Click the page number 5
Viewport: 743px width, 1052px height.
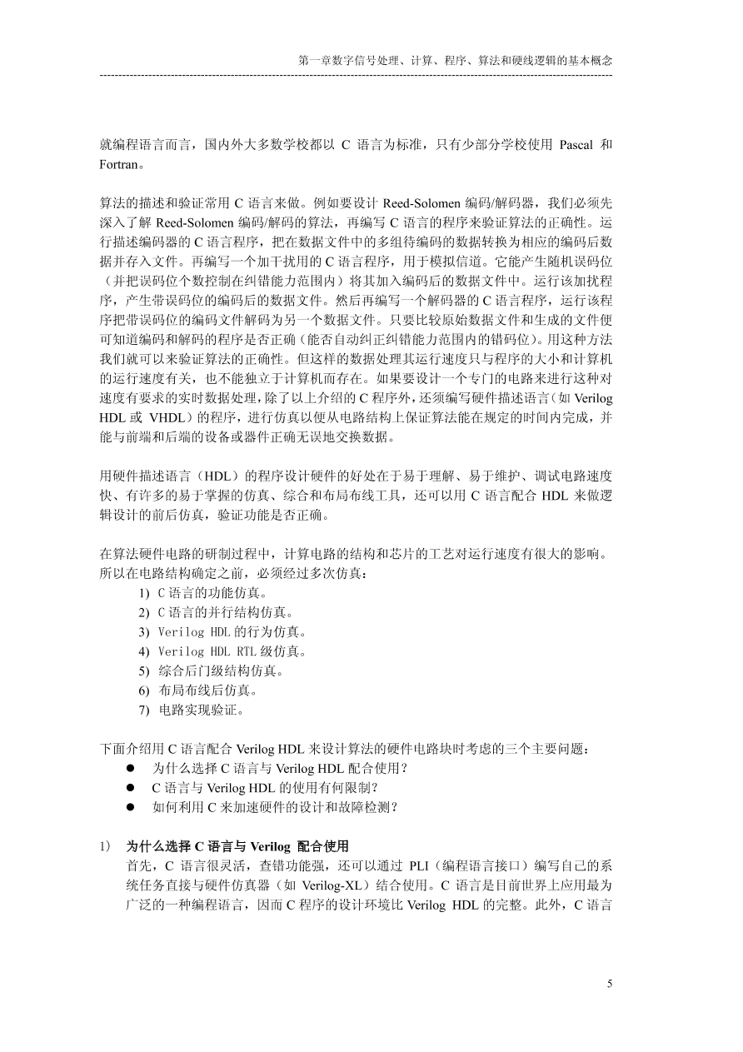coord(610,984)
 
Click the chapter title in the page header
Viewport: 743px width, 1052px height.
coord(455,61)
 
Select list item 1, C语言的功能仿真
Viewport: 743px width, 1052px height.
coord(212,594)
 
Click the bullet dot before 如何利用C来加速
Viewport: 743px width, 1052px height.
coord(131,807)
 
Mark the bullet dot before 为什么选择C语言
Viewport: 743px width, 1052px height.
coord(131,768)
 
